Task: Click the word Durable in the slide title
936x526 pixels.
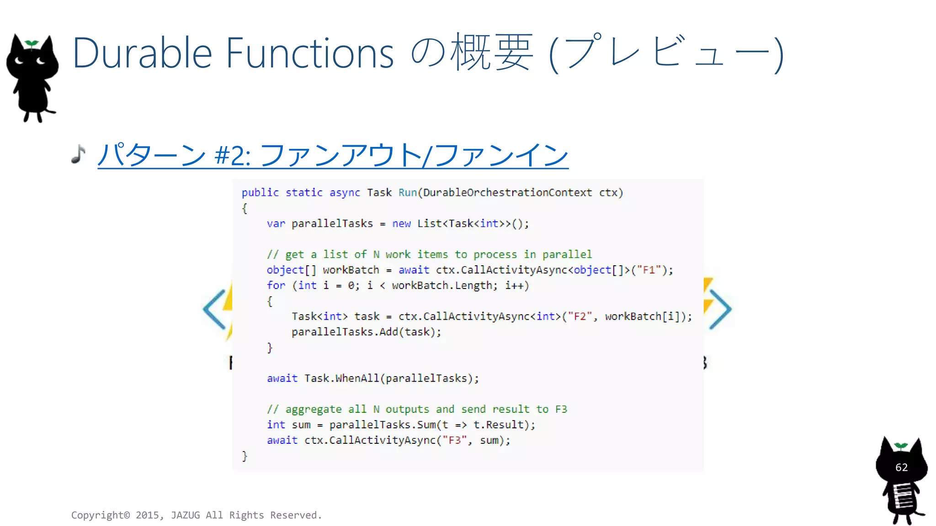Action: [x=142, y=53]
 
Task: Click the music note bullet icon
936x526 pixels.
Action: [x=79, y=154]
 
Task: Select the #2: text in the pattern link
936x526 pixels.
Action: [x=233, y=155]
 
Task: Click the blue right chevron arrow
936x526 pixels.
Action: [x=721, y=309]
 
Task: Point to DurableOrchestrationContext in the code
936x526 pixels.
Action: [x=507, y=193]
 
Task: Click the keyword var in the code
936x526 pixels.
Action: [x=276, y=224]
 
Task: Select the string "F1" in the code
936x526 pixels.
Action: [x=649, y=270]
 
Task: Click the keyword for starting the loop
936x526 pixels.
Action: [x=276, y=285]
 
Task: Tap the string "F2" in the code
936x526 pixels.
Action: [x=580, y=316]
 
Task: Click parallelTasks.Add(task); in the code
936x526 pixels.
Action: [x=366, y=332]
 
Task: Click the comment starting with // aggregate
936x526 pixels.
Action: [x=416, y=409]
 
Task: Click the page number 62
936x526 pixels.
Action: [x=901, y=467]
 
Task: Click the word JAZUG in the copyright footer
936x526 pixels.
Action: [x=185, y=515]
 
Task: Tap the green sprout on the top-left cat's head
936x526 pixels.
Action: [x=32, y=44]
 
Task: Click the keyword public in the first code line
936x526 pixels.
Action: [x=260, y=193]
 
